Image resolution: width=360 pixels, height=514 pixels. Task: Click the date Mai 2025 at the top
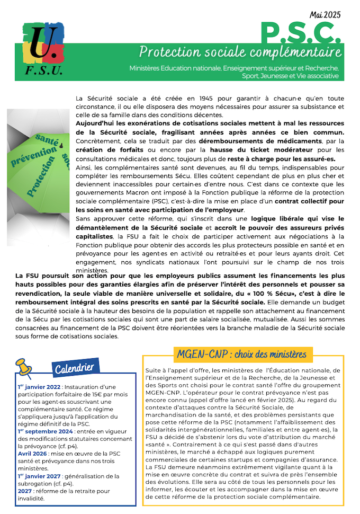click(326, 14)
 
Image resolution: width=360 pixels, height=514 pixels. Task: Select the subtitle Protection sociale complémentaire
click(240, 52)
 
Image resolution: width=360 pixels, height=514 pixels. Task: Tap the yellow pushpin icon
click(24, 366)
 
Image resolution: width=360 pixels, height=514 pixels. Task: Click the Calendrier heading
click(74, 367)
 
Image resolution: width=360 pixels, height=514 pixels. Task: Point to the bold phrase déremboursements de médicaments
click(260, 141)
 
